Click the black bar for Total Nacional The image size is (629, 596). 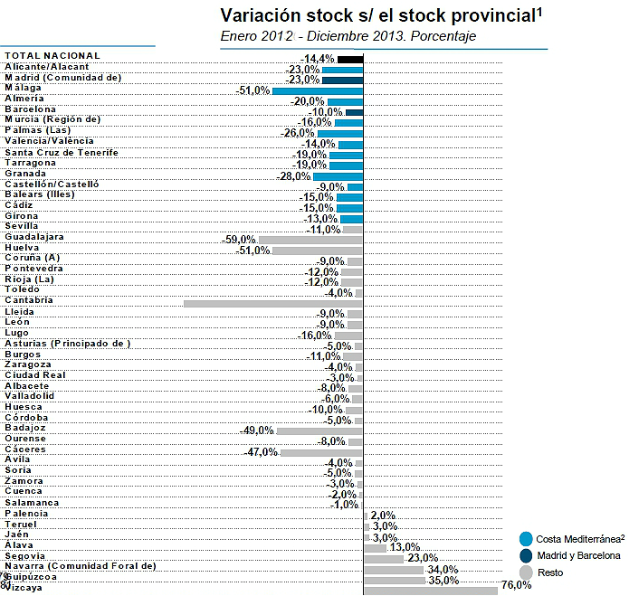click(x=350, y=59)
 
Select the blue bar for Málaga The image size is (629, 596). click(x=317, y=90)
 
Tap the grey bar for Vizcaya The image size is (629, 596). click(x=430, y=589)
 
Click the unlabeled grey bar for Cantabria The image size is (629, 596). click(x=272, y=303)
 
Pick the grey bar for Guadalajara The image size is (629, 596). click(x=310, y=240)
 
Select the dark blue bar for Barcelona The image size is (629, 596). click(x=354, y=112)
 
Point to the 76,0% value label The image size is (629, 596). click(x=516, y=585)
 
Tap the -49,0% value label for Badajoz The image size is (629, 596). click(x=256, y=430)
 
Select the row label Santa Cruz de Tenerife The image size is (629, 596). click(x=61, y=152)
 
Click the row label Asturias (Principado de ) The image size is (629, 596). click(x=67, y=344)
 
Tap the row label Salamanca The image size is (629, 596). click(x=32, y=503)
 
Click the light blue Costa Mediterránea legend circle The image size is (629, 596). click(x=527, y=538)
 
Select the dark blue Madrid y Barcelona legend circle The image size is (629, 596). click(x=527, y=555)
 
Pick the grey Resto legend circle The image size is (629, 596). click(x=527, y=572)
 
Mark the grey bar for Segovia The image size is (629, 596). click(x=384, y=558)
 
